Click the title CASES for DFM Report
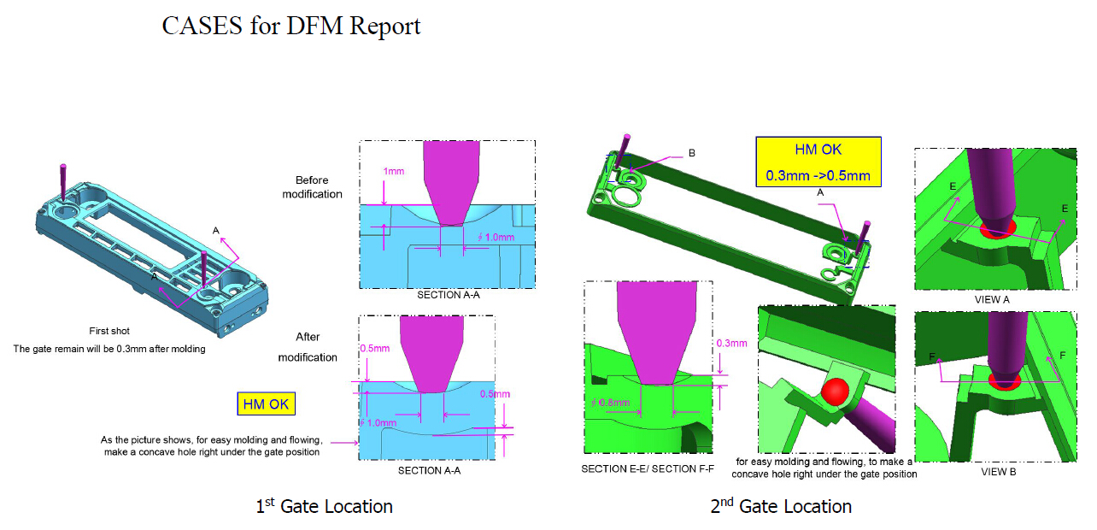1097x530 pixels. [291, 26]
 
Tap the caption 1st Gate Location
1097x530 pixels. [325, 507]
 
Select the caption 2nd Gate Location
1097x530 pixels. [781, 507]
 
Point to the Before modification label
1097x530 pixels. [319, 187]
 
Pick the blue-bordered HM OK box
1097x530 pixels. [267, 404]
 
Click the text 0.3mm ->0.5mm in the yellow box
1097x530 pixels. [818, 176]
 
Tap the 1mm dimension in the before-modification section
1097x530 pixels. [393, 171]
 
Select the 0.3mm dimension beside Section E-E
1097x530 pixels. [731, 343]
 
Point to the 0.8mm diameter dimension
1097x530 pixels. [613, 402]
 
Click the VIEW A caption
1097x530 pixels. [992, 300]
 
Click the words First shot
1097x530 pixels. [109, 331]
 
